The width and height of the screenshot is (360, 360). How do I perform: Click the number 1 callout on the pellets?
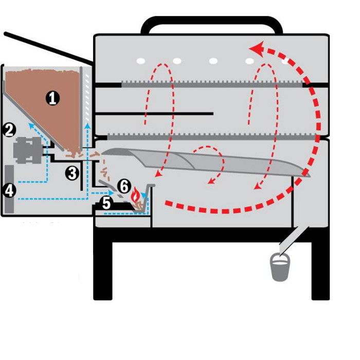tap(52, 98)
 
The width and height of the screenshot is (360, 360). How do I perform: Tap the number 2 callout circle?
tap(9, 130)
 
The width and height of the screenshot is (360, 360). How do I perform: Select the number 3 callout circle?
tap(73, 173)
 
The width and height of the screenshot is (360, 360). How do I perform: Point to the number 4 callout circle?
tap(9, 190)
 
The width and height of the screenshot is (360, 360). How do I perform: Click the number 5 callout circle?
tap(106, 203)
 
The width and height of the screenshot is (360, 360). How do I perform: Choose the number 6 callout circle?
tap(124, 186)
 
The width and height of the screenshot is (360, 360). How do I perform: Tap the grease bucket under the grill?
tap(280, 267)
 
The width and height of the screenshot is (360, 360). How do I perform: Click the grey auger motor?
tap(28, 150)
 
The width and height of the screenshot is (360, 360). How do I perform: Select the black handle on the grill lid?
tap(211, 25)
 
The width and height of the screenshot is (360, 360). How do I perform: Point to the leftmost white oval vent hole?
tap(141, 61)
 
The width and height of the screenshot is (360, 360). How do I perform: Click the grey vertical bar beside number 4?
tap(9, 189)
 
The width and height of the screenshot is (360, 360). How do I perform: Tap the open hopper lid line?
tap(49, 48)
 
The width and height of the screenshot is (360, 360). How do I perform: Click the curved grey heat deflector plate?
tap(206, 162)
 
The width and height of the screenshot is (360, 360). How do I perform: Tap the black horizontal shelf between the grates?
tap(154, 114)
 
